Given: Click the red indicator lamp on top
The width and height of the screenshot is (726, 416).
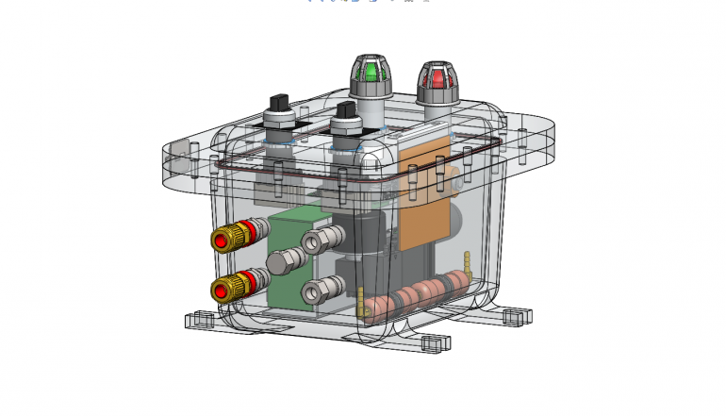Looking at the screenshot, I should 437,78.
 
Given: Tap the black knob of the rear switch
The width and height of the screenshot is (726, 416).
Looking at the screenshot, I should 278,101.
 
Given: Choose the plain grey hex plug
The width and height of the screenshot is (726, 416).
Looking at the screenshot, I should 280,261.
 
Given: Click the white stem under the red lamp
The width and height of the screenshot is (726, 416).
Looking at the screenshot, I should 437,115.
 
